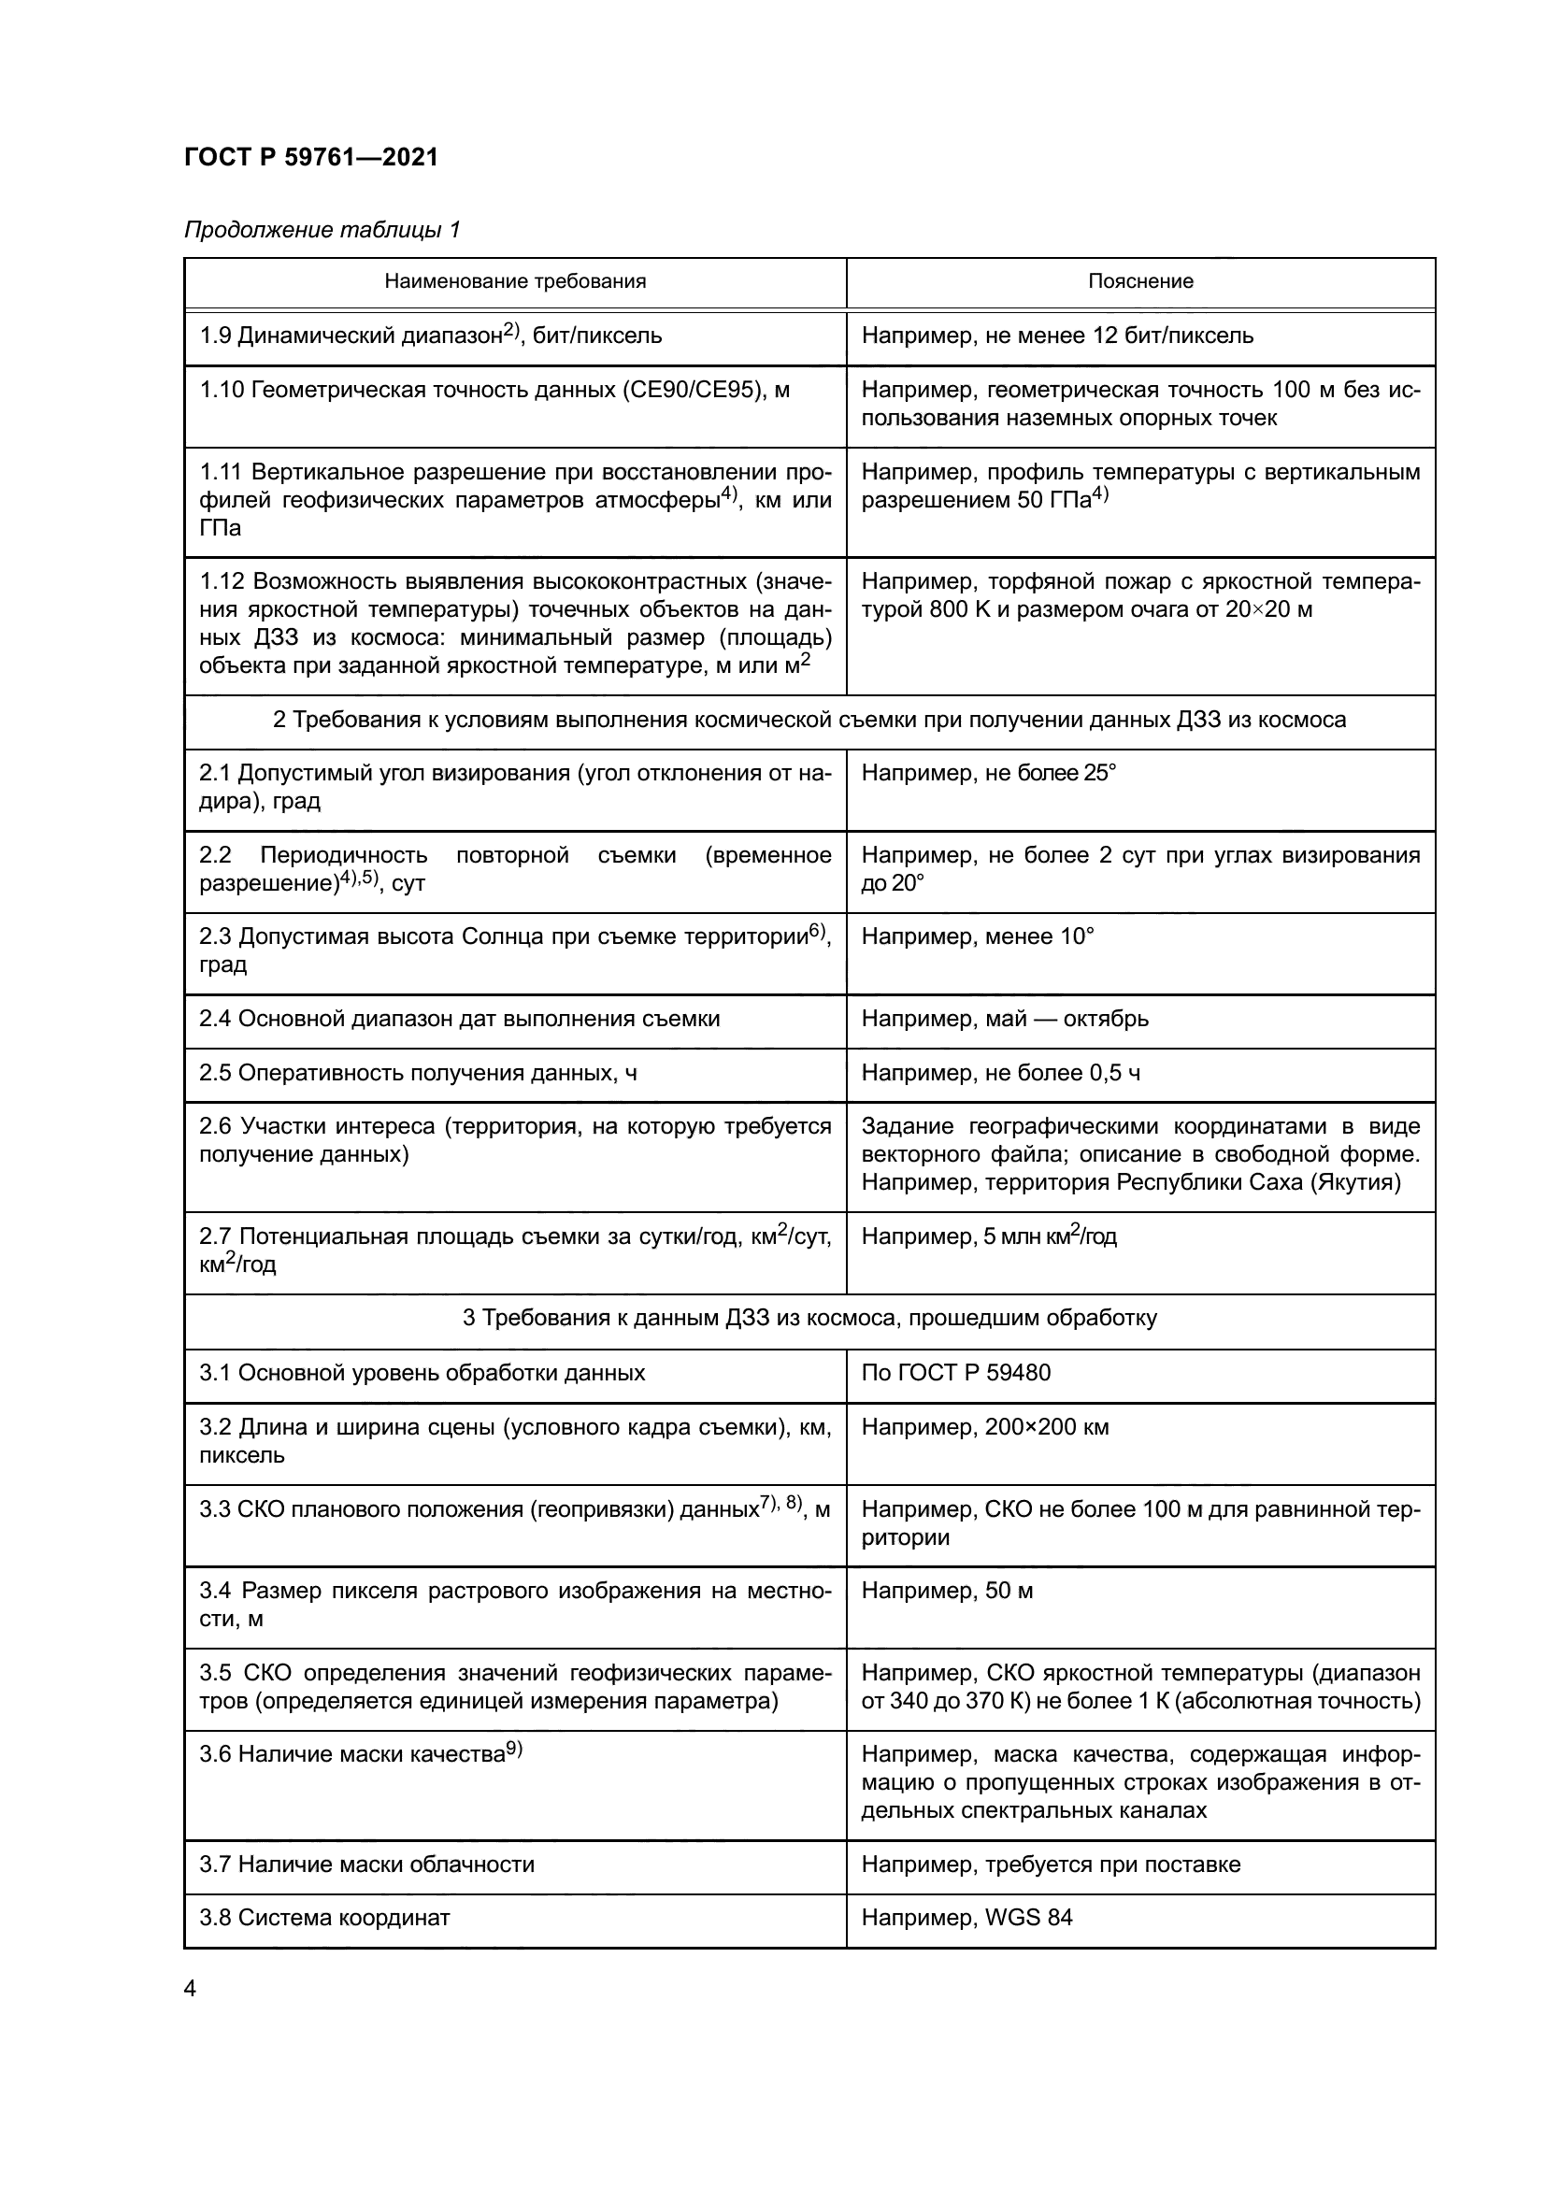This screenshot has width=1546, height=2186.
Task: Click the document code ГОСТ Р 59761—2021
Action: [x=311, y=157]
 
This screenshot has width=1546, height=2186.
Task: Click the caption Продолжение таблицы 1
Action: [x=322, y=230]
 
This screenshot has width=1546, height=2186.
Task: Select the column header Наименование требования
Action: [x=515, y=281]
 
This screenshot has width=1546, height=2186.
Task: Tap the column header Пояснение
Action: [x=1139, y=281]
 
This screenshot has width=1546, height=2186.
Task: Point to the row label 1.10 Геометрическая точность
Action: [x=494, y=390]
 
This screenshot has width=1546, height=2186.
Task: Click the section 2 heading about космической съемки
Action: [x=809, y=719]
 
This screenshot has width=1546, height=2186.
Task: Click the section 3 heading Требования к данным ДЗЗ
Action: [x=809, y=1319]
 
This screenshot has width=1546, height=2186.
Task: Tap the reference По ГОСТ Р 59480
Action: [x=956, y=1373]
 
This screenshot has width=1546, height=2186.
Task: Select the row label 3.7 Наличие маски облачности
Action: [x=366, y=1865]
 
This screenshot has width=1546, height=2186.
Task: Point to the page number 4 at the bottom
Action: [x=190, y=1988]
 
